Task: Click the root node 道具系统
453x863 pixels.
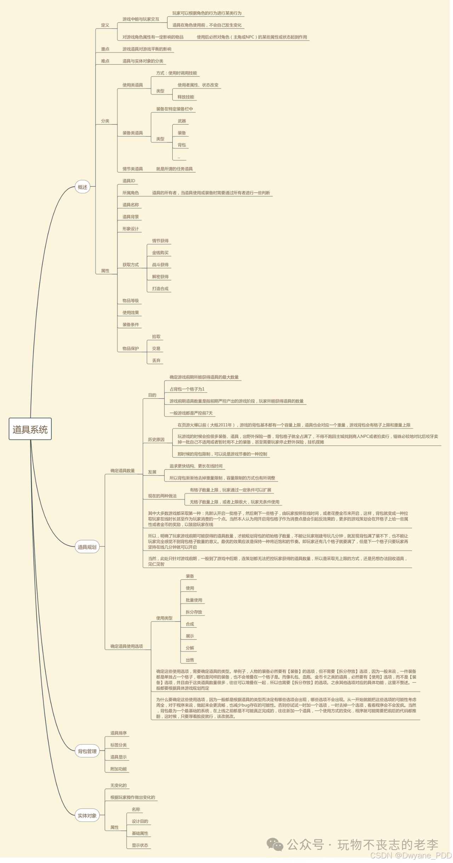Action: coord(30,429)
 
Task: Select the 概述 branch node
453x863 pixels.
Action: coord(82,187)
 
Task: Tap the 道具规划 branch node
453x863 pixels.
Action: coord(87,547)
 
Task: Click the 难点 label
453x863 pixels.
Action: coord(105,61)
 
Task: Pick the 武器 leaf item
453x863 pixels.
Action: coord(182,121)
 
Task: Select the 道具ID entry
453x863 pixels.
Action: coord(129,181)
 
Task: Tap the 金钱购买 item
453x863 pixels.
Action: coord(160,253)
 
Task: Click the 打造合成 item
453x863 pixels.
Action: coord(160,288)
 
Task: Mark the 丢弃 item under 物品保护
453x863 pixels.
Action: coord(156,361)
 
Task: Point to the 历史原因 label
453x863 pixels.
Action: coord(156,439)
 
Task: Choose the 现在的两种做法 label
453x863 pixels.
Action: coord(162,496)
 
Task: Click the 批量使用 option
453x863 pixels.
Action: coord(194,600)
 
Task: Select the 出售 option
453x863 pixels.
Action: coord(190,660)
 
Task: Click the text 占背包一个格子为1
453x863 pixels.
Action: coord(187,389)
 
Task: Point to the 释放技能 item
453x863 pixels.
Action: coord(186,97)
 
